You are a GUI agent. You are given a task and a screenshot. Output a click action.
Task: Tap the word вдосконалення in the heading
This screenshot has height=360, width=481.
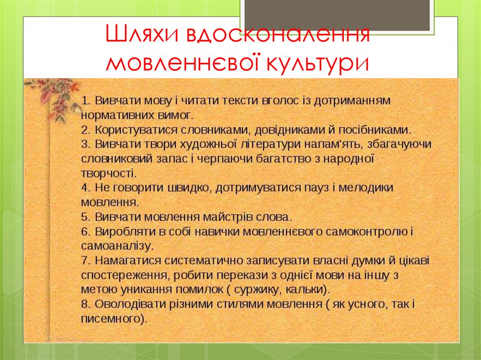click(x=277, y=36)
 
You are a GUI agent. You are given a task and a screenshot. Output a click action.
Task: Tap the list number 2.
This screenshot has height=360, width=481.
click(x=85, y=130)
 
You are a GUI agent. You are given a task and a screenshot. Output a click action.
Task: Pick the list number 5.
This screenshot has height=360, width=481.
click(x=85, y=217)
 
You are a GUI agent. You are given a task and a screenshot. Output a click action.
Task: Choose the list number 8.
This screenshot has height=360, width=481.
click(x=85, y=304)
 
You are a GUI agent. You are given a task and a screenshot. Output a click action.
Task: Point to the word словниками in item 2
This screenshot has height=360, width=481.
click(x=209, y=130)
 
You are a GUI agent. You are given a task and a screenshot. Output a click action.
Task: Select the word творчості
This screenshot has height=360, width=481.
click(x=108, y=173)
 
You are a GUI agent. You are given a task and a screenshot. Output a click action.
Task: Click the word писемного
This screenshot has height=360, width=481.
click(x=111, y=319)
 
